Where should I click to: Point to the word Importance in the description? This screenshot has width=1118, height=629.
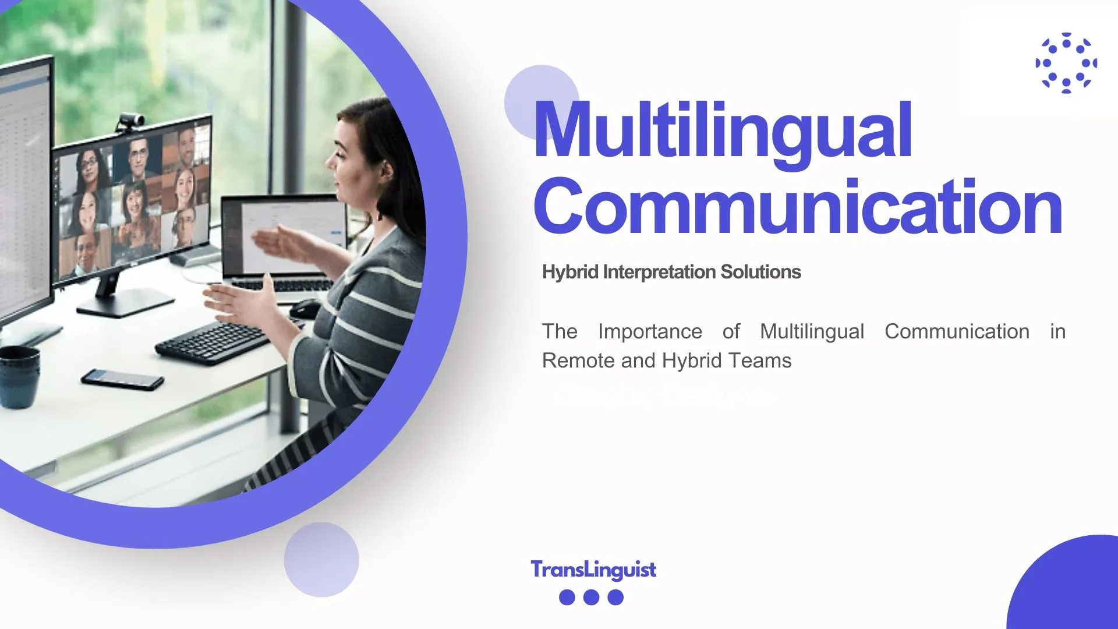[650, 331]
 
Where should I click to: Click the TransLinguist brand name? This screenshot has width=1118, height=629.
[593, 570]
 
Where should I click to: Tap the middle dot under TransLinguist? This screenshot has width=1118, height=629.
[591, 597]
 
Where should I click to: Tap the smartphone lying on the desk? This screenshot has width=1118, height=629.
[122, 379]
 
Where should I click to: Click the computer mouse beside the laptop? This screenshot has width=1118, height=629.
[305, 308]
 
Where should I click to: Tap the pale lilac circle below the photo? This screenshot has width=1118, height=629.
[321, 560]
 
